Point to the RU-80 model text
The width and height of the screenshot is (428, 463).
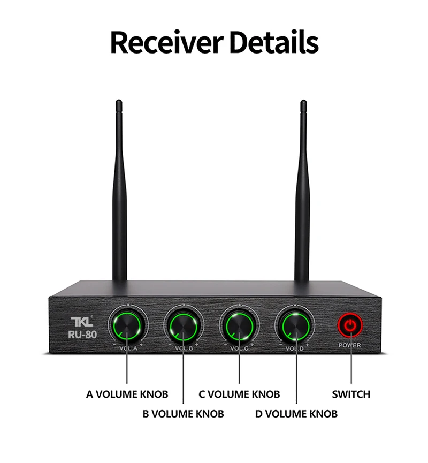click(x=82, y=335)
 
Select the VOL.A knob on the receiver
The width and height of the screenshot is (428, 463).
click(x=127, y=325)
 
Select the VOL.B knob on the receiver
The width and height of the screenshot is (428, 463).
click(x=183, y=325)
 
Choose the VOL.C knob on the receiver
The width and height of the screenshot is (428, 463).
click(x=239, y=325)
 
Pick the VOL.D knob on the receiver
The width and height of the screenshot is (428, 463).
click(x=295, y=325)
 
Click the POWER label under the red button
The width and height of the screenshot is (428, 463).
click(x=350, y=345)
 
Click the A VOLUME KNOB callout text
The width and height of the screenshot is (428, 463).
click(x=127, y=394)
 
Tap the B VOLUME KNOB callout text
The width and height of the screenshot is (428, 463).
click(x=183, y=413)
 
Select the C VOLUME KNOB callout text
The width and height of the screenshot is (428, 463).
click(x=239, y=394)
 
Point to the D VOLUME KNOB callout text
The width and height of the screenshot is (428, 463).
click(x=296, y=413)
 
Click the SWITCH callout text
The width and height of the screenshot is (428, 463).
click(x=351, y=394)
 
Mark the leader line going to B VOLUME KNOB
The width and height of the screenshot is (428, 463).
click(x=183, y=375)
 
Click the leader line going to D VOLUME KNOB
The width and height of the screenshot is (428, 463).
click(x=296, y=375)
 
